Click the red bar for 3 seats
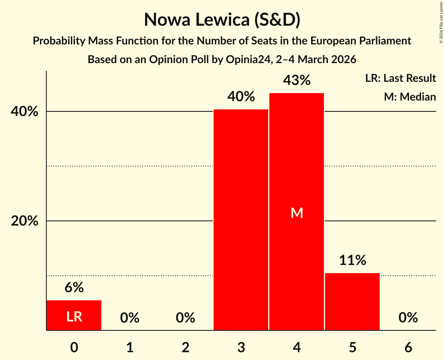(241, 220)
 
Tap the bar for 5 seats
(352, 302)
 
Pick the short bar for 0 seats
(74, 315)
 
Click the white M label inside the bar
(297, 213)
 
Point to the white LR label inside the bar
(74, 317)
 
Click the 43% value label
(297, 80)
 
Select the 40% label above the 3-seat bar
(241, 96)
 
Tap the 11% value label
(352, 260)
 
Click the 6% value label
(74, 288)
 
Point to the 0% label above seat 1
(130, 318)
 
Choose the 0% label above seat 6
(408, 318)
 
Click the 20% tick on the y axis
(25, 221)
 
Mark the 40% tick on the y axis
(25, 112)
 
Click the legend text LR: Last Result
(400, 78)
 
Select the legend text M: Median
(410, 97)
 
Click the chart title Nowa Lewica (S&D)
(222, 20)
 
